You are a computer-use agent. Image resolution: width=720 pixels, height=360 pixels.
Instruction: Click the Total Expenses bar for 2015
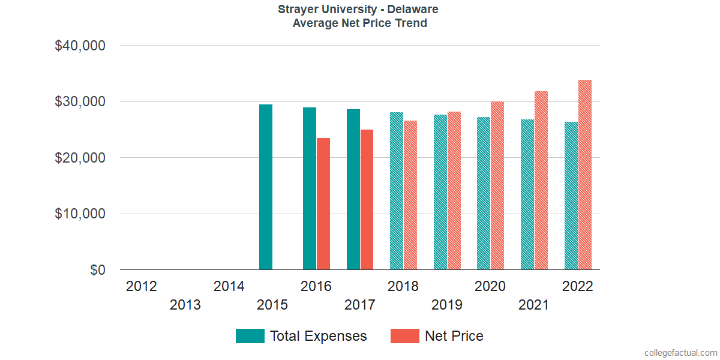[x=266, y=187]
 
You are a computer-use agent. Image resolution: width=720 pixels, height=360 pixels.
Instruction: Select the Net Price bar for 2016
[x=323, y=204]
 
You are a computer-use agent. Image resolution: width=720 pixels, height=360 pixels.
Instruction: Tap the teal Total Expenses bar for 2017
[x=353, y=190]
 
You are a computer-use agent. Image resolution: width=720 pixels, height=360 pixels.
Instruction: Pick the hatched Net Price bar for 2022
[x=585, y=175]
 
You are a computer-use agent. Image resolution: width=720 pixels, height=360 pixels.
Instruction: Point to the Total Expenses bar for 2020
[x=484, y=193]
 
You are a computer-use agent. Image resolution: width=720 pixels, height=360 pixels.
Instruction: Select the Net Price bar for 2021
[x=541, y=181]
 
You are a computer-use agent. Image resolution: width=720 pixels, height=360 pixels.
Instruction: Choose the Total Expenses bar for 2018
[x=397, y=191]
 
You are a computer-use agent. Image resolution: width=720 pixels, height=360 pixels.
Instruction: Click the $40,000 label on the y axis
[x=80, y=46]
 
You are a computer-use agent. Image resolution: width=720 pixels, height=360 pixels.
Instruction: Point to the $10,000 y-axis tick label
[x=80, y=214]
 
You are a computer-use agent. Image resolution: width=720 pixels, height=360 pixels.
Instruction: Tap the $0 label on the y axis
[x=98, y=271]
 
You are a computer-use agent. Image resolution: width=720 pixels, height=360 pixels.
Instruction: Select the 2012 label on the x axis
[x=142, y=286]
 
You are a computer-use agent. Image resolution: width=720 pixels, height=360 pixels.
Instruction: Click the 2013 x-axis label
[x=185, y=305]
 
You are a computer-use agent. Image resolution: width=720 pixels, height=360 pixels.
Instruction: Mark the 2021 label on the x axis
[x=533, y=305]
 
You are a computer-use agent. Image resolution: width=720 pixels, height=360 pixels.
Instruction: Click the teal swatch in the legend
[x=250, y=336]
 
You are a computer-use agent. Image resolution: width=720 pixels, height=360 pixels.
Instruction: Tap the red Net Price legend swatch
[x=405, y=336]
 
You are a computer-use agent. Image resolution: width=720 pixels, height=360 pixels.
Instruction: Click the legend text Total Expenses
[x=318, y=336]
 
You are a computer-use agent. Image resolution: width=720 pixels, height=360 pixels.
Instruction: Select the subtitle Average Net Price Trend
[x=360, y=23]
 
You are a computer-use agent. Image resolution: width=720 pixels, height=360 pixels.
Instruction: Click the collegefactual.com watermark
[x=680, y=353]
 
